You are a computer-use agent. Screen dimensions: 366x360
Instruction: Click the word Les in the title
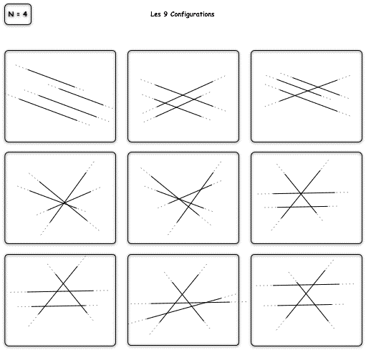tap(155, 14)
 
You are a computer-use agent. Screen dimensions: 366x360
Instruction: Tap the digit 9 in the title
tap(165, 14)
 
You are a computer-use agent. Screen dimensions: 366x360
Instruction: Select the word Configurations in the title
tap(193, 14)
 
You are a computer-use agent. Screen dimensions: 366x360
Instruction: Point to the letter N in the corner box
tap(11, 14)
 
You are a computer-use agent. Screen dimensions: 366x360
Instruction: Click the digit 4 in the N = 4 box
tap(25, 14)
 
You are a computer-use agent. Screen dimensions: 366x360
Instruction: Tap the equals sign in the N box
tap(19, 14)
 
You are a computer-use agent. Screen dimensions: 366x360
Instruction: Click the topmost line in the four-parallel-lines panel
tap(49, 77)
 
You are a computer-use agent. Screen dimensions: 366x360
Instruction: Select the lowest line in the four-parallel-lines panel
tap(49, 110)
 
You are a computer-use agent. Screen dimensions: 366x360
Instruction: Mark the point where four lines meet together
tap(64, 203)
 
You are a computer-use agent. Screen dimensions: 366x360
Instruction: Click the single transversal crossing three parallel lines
tap(307, 91)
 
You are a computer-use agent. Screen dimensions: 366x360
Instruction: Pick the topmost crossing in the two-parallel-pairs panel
tap(183, 95)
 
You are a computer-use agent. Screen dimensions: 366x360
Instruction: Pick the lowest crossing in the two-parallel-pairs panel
tap(176, 107)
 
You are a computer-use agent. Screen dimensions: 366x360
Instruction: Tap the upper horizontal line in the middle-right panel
tap(303, 193)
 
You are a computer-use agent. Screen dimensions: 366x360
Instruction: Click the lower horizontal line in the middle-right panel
tap(301, 207)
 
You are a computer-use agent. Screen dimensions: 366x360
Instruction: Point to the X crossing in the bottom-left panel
tap(63, 283)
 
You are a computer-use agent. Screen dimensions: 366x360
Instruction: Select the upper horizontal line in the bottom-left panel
tap(59, 291)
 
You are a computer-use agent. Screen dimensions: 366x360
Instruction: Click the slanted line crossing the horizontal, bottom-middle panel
tap(183, 309)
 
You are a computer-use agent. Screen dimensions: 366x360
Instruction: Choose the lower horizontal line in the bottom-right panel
tap(304, 305)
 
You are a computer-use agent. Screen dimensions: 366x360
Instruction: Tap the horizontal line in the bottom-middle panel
tap(188, 303)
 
